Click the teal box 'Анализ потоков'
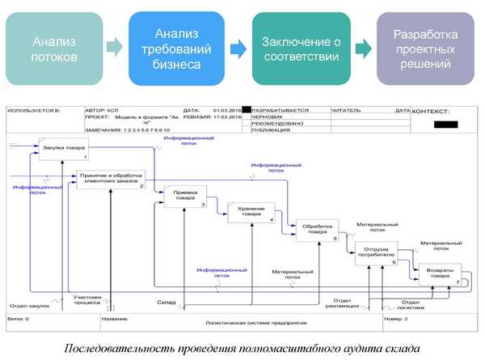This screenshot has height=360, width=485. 56,48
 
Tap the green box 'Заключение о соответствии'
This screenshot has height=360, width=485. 301,48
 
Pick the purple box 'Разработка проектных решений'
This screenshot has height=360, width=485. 424,48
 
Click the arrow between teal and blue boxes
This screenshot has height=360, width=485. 116,48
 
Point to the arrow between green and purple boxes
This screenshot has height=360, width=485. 364,48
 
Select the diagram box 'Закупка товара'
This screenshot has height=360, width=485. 63,149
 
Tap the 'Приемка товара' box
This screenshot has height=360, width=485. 186,197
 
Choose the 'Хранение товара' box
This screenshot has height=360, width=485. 251,213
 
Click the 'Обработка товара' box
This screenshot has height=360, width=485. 317,231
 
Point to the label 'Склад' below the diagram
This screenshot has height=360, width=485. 167,303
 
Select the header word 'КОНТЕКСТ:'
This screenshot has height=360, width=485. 436,111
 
